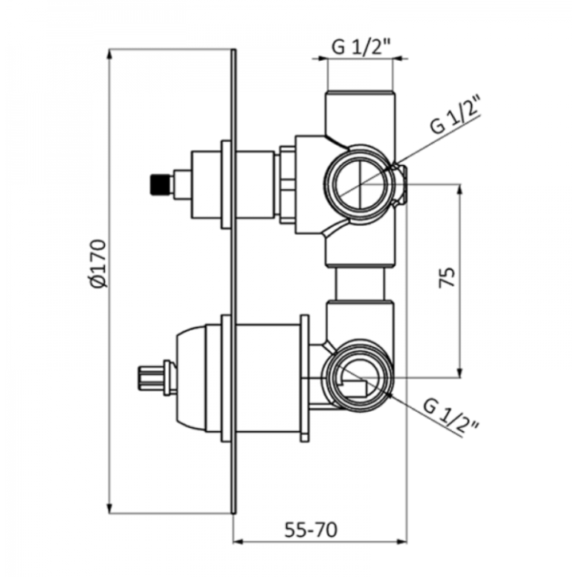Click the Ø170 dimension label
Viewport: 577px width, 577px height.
[99, 263]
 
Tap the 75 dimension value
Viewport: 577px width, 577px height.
[448, 277]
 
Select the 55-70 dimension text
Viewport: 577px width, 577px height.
[311, 530]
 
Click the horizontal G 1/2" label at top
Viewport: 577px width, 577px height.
[361, 47]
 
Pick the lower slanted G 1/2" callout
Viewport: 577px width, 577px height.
[451, 416]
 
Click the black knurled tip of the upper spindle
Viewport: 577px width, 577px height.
[161, 184]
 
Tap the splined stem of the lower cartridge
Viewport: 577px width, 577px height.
[151, 377]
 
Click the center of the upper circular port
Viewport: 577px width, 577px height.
[363, 185]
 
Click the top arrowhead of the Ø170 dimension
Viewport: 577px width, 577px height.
[109, 54]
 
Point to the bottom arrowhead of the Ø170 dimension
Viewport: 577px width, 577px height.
[109, 507]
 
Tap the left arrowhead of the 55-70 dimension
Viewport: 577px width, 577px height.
[239, 542]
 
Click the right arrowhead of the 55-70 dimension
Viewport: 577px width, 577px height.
[401, 542]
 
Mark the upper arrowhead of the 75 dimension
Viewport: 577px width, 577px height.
[459, 190]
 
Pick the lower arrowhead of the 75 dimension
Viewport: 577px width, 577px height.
[459, 372]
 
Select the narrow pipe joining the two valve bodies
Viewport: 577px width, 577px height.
[361, 284]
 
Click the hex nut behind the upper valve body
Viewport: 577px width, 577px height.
[288, 185]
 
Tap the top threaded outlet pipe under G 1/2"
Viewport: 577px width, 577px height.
[361, 112]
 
